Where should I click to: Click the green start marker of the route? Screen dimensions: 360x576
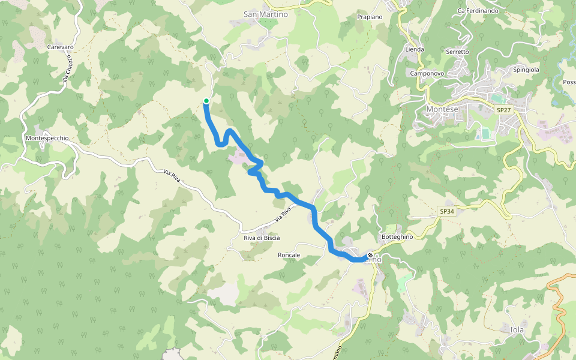[206, 101]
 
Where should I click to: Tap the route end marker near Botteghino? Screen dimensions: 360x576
[370, 255]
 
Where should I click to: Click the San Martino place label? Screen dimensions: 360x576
[266, 14]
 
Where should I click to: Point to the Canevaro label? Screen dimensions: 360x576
[61, 47]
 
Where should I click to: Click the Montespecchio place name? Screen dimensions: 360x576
[47, 138]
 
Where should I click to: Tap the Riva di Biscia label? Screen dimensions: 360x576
[262, 238]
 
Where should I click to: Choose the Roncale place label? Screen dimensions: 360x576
[289, 255]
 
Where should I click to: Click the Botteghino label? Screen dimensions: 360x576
[397, 236]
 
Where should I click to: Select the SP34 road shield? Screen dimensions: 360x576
[446, 211]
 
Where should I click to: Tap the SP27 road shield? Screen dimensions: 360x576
[503, 110]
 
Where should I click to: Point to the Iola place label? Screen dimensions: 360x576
[517, 329]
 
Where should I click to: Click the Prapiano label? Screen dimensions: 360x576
[370, 17]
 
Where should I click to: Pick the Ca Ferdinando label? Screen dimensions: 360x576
[478, 10]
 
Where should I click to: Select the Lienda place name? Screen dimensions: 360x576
[415, 49]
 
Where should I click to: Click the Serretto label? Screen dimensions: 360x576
[457, 52]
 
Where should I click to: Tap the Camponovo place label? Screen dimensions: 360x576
[427, 73]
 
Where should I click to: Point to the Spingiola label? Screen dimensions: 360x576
[526, 70]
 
